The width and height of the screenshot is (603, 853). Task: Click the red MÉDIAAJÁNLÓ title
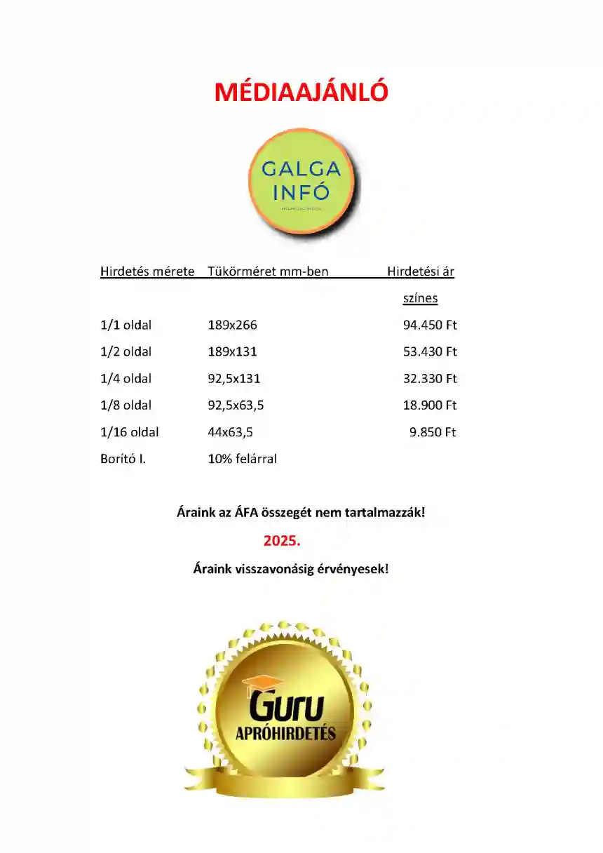[x=301, y=92]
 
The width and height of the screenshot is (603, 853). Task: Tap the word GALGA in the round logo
[x=301, y=169]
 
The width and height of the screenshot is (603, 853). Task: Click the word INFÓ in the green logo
[x=301, y=192]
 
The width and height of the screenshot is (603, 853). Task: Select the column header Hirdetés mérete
[x=147, y=271]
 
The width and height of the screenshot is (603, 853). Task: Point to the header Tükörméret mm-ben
[x=268, y=271]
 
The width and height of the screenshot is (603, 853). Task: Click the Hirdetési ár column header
[x=421, y=271]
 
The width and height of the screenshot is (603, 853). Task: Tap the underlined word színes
[x=420, y=298]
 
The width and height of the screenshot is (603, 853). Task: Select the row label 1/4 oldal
[x=126, y=379]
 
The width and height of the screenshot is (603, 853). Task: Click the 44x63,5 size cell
[x=230, y=432]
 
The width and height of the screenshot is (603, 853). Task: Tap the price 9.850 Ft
[x=433, y=432]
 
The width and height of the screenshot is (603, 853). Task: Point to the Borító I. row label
[x=123, y=459]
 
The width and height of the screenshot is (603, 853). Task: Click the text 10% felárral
[x=242, y=459]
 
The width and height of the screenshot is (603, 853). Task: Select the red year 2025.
[x=281, y=541]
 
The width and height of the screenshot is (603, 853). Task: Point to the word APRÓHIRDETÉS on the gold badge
[x=285, y=734]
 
